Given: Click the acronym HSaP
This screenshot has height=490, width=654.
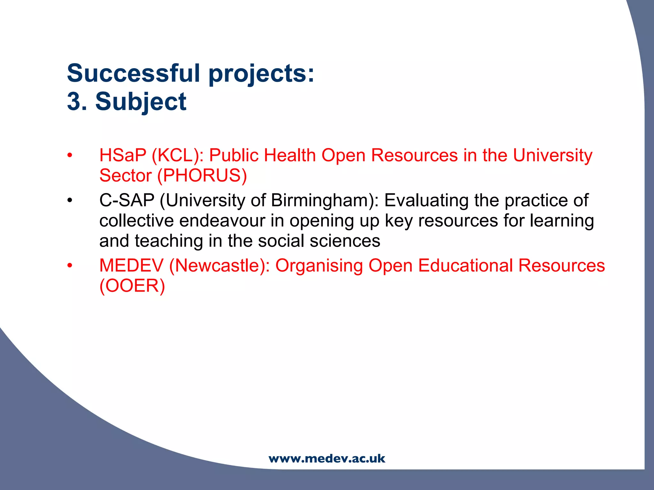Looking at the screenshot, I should click(x=123, y=155).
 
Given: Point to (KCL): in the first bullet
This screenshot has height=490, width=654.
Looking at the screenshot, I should click(x=178, y=156).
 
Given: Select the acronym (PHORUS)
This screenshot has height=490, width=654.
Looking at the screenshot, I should click(x=202, y=175).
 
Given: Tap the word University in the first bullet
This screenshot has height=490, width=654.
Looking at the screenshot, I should click(x=552, y=156).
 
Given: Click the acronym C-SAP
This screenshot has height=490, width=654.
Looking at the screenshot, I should click(x=127, y=200).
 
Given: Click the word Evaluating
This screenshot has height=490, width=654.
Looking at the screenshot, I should click(x=426, y=200).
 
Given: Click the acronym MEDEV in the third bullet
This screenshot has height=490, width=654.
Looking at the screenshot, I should click(x=131, y=265).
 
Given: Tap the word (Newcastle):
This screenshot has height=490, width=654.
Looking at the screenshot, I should click(x=219, y=265).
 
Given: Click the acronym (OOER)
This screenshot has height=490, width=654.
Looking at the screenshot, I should click(x=132, y=286).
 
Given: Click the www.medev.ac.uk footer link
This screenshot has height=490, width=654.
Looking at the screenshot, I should click(x=327, y=458).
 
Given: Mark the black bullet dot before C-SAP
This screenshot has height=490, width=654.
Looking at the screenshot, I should click(x=70, y=201).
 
